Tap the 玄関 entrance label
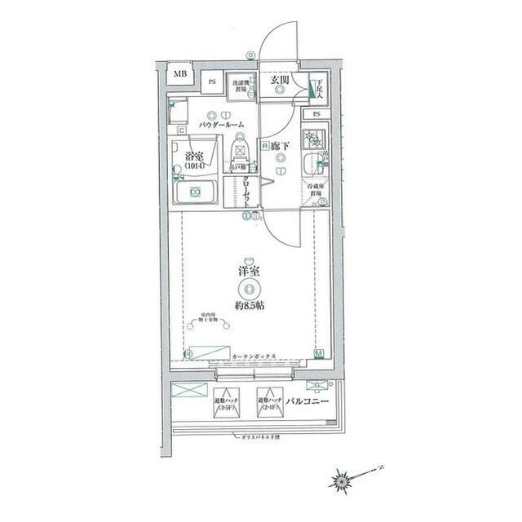click(x=280, y=80)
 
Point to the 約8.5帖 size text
click(x=251, y=305)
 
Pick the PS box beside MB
click(x=210, y=81)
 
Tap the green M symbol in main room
click(x=319, y=354)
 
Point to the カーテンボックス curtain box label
click(x=256, y=356)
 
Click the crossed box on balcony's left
click(x=189, y=390)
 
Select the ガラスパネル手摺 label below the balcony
click(x=259, y=438)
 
